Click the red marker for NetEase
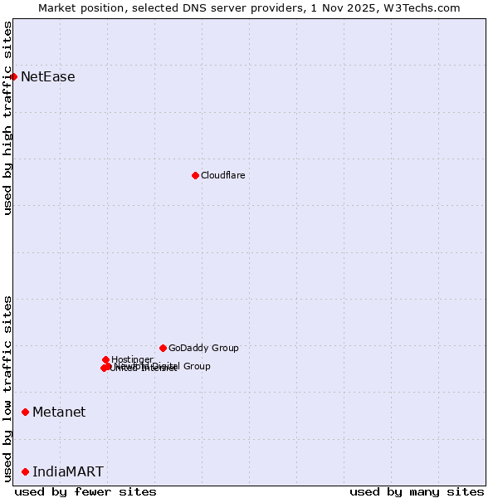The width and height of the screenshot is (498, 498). coord(14,77)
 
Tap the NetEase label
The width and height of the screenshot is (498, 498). coord(47,77)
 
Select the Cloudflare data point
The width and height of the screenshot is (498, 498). coord(195,175)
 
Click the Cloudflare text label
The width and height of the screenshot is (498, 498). coord(222,175)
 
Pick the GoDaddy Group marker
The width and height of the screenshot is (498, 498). coord(163,348)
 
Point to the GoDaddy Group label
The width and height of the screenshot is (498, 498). coord(203,348)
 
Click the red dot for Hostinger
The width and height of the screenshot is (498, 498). coord(105,359)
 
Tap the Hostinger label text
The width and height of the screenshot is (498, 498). coord(132,359)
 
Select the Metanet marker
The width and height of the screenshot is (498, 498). coord(26,412)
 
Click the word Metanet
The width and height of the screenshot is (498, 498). coord(59,412)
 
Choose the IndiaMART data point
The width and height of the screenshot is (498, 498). coord(26,471)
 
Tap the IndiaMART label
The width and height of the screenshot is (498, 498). coord(68,471)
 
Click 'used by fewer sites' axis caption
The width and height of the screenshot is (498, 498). coord(85,491)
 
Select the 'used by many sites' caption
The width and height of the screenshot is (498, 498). coord(417,491)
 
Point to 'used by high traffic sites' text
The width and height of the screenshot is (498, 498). coord(8,118)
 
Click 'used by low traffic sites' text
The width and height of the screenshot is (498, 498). coord(8,388)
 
